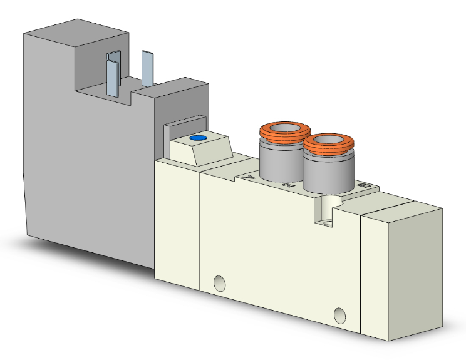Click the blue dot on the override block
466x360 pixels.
(x=198, y=138)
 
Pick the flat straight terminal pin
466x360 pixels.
(x=147, y=68)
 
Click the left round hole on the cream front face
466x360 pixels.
(x=219, y=283)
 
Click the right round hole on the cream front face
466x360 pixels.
(x=340, y=314)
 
